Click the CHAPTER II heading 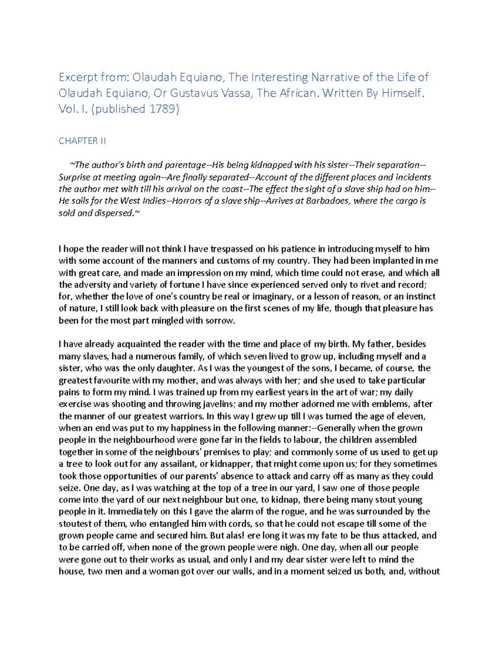(x=82, y=141)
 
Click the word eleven (x=411, y=416)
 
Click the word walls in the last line (x=242, y=572)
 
